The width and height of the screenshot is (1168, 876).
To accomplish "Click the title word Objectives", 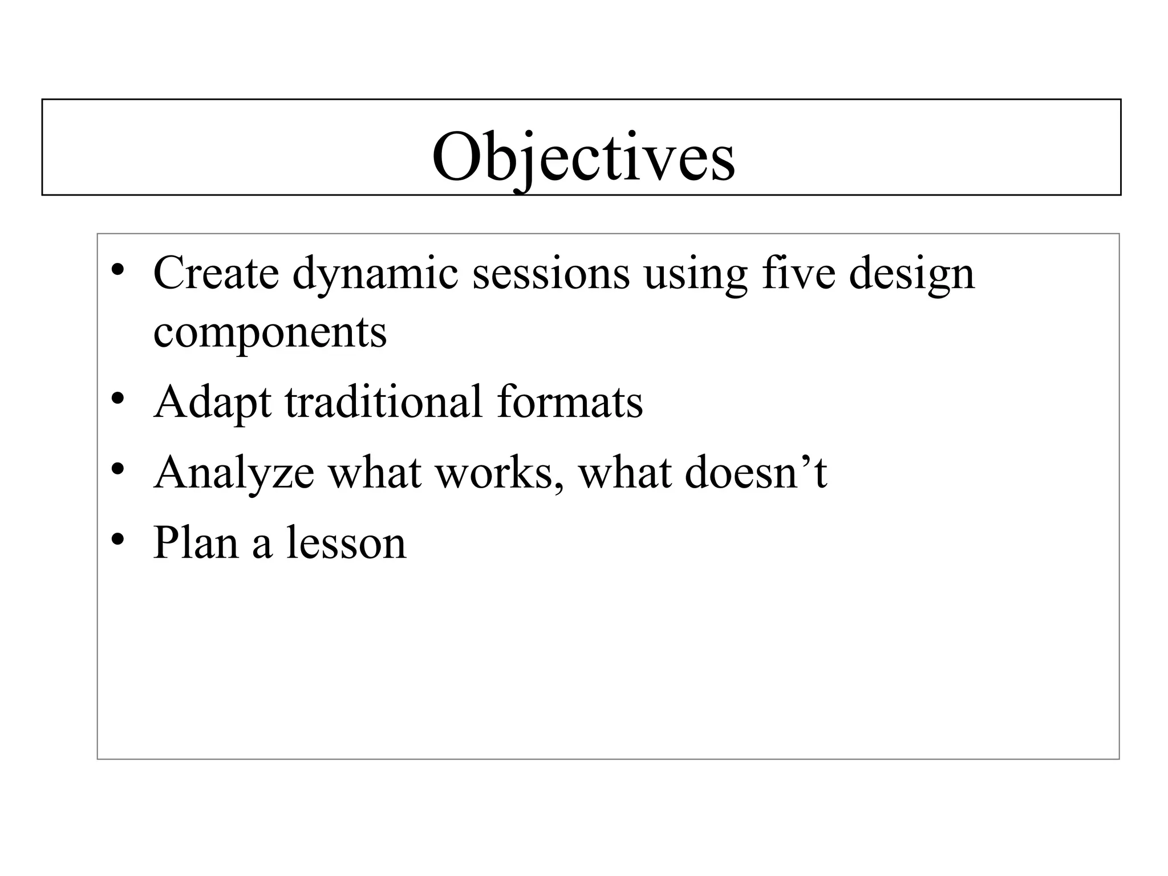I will coord(583,157).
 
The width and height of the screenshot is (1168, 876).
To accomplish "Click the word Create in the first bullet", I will coord(216,273).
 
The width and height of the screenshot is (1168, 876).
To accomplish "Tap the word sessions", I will coord(551,273).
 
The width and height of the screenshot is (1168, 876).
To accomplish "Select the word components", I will coord(270,333).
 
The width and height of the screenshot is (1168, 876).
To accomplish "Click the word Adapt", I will coord(212,403).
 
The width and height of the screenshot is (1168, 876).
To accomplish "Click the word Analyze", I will coord(234,474).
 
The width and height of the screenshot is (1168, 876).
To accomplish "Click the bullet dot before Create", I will coord(118,270).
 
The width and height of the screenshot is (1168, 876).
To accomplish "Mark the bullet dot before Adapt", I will coord(118,399).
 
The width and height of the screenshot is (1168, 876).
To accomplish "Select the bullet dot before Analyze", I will coord(118,469).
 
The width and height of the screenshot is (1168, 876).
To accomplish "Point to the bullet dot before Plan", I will coord(118,540).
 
